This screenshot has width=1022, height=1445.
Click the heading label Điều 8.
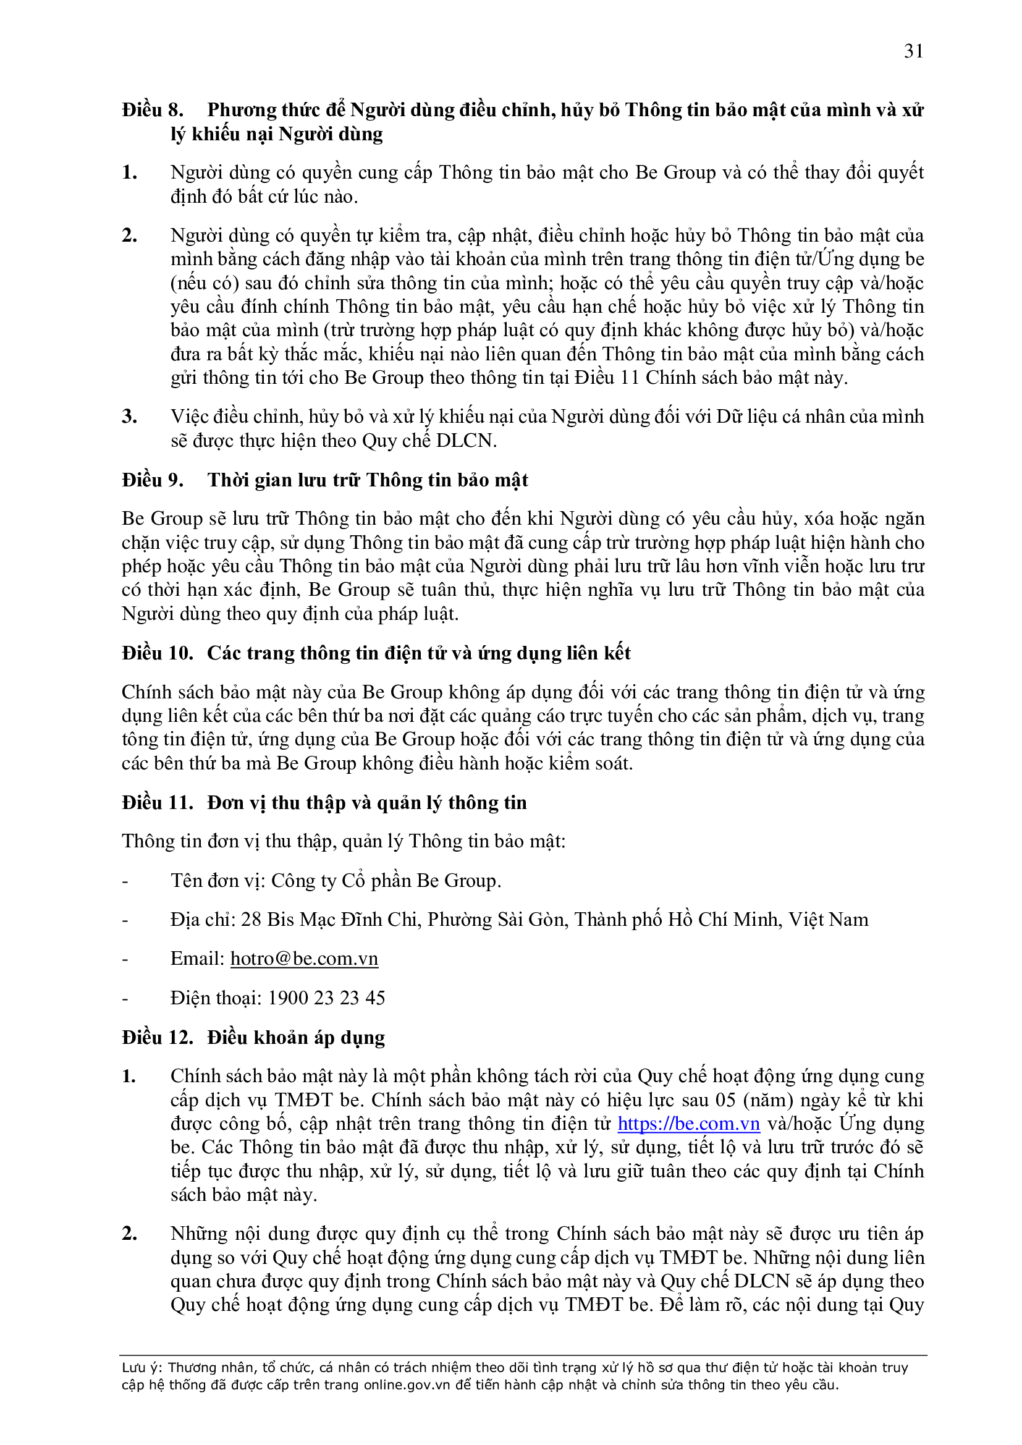point(153,110)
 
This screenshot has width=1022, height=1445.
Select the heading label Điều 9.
point(153,480)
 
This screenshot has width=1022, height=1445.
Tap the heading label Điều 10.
point(158,653)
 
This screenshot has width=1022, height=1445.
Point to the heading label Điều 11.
point(158,803)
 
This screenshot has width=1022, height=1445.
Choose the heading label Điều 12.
point(158,1038)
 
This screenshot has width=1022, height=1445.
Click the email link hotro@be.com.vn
point(304,959)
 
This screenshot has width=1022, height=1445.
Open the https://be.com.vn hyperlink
point(688,1124)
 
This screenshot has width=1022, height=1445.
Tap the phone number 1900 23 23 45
point(327,998)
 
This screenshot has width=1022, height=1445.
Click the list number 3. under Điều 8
point(130,417)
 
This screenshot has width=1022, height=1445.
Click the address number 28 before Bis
point(251,920)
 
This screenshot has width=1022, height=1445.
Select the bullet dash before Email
point(125,959)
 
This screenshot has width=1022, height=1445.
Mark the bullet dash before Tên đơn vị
point(125,881)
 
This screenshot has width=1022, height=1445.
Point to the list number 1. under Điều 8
point(130,172)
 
